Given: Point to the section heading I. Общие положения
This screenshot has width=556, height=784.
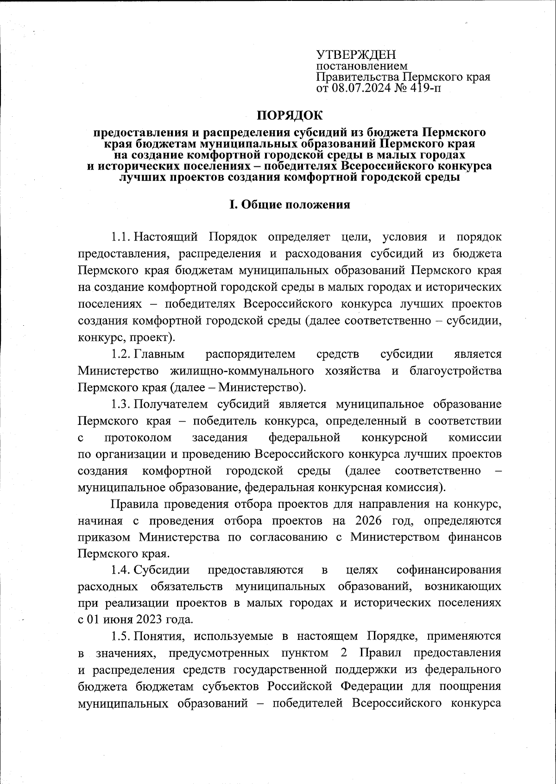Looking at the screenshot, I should coord(290,204).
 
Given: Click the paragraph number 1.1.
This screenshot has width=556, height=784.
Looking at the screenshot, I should coord(121,237).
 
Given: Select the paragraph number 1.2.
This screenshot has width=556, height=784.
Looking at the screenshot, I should coord(121,354).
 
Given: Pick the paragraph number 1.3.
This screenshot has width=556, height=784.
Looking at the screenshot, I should coord(121,405).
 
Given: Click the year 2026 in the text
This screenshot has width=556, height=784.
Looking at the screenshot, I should coord(369,520).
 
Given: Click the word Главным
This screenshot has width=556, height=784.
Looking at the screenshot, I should coord(159,354).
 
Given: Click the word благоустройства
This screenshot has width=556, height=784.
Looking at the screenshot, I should coord(455,371).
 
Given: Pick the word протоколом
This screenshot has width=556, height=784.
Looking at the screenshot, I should coord(138,438).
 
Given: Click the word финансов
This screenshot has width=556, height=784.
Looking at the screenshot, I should coord(473,537).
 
